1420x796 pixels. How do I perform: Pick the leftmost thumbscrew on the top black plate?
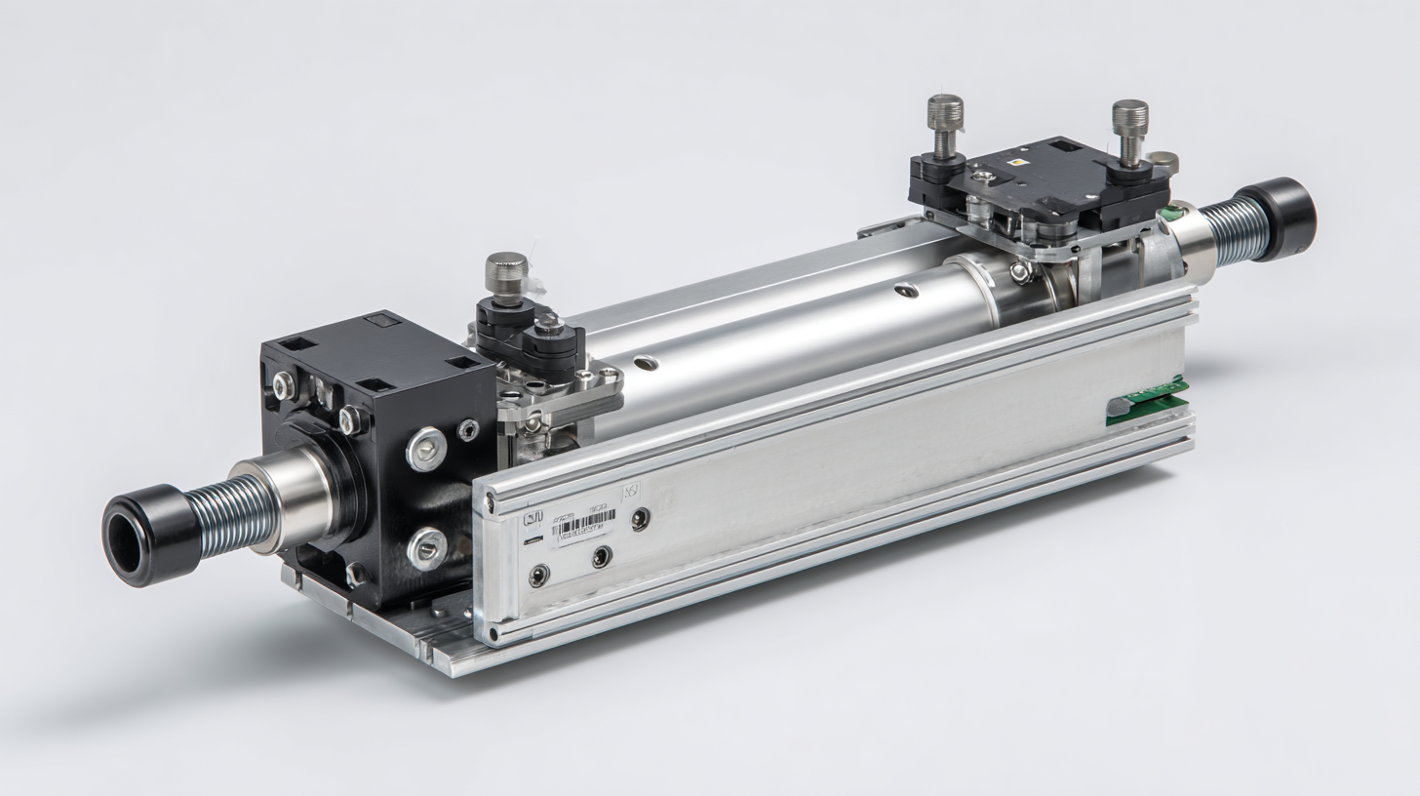(x=944, y=124)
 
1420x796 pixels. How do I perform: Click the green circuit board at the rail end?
(x=1147, y=400)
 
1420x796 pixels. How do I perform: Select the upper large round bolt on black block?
(x=426, y=449)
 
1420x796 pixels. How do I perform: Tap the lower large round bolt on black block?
(x=426, y=548)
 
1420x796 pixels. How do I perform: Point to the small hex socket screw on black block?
(x=468, y=429)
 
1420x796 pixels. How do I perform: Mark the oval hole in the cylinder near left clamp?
(x=645, y=363)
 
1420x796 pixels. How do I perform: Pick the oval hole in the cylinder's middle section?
(x=906, y=289)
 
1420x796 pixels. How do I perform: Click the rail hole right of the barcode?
(x=640, y=519)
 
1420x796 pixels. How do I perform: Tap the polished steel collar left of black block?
(x=291, y=498)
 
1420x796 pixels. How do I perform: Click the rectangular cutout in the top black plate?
(x=1063, y=146)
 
